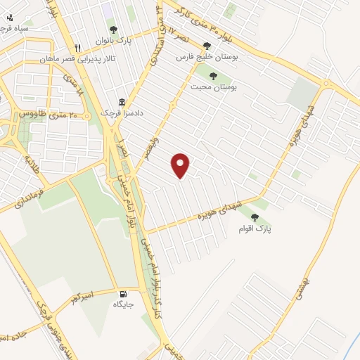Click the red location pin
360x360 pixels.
(181, 165)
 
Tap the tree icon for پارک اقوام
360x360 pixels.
(254, 217)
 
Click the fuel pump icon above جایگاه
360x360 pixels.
(124, 294)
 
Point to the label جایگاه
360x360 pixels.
(123, 305)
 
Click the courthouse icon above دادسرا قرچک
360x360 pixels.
(122, 102)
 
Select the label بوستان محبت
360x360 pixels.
(214, 86)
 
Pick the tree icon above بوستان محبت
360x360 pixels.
(213, 75)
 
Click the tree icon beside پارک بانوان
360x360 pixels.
(113, 30)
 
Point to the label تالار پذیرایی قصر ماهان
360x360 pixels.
(89, 59)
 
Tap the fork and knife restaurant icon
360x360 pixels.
(78, 48)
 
